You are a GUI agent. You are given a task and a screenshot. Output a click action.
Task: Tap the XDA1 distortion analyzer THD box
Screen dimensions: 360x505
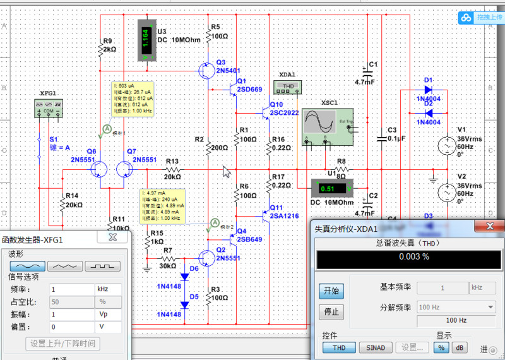click(x=287, y=87)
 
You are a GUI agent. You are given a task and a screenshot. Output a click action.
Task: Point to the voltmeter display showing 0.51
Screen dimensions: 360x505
click(x=329, y=189)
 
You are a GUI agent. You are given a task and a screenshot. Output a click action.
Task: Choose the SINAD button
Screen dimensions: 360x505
click(x=376, y=347)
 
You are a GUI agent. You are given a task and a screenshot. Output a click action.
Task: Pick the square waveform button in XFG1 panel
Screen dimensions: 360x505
click(x=104, y=267)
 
